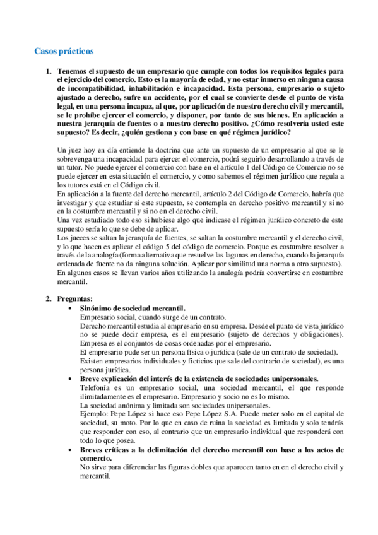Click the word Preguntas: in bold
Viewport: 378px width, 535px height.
(x=74, y=298)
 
